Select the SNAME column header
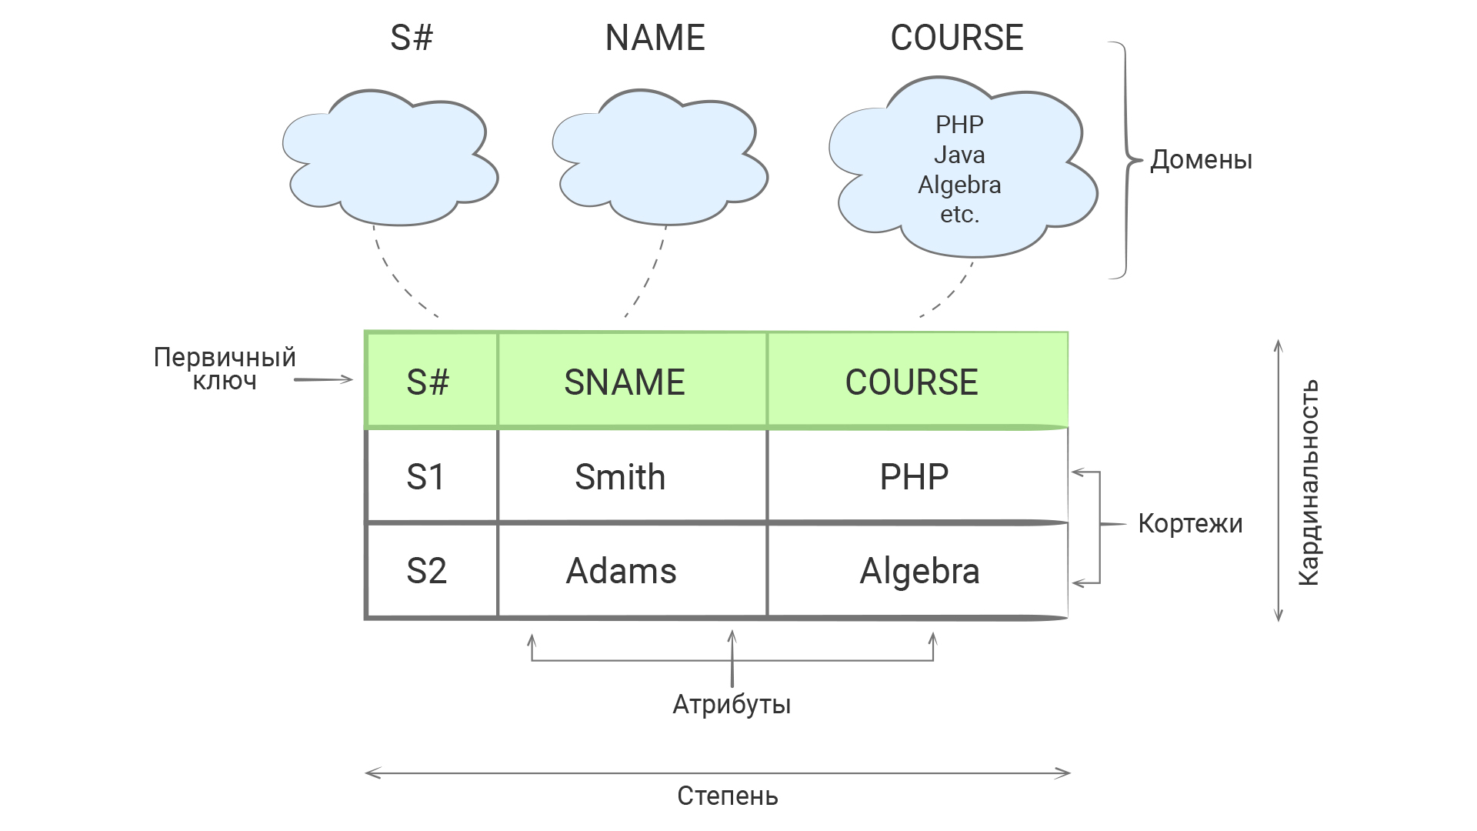[625, 382]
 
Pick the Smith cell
[620, 477]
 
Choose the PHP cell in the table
[914, 477]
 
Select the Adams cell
[622, 571]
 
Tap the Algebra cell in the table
[919, 571]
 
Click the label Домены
[1201, 160]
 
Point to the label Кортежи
[1190, 523]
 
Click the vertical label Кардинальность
[1309, 482]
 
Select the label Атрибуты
[732, 704]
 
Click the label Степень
[727, 796]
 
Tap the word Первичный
[225, 357]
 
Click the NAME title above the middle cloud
[655, 38]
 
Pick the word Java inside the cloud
[959, 155]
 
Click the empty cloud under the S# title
[390, 158]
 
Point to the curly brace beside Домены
[1125, 160]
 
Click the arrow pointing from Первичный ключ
[323, 379]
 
